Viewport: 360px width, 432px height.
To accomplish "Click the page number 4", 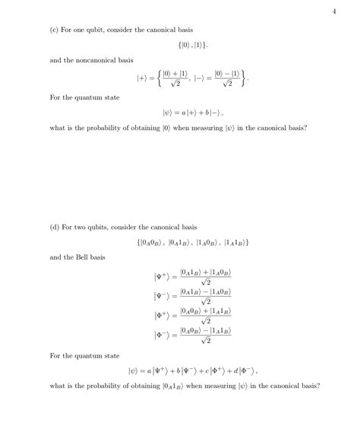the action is click(334, 11).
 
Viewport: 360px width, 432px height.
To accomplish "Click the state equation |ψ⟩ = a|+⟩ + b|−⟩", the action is click(187, 112).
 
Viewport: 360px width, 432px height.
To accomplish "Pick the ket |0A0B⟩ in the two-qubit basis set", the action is click(149, 242).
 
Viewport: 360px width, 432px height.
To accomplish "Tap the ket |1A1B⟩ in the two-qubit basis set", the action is click(235, 242).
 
